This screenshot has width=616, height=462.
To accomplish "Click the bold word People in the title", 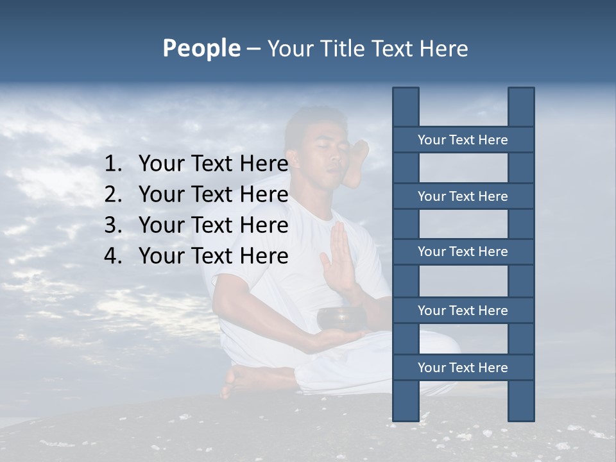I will pos(201,48).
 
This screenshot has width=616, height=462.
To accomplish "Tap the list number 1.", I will pos(112,164).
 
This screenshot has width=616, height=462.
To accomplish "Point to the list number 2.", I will pos(112,194).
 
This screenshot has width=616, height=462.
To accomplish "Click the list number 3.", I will pos(112,225).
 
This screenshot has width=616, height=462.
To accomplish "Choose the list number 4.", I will pos(112,256).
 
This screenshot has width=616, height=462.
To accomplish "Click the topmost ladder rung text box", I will pos(463,140).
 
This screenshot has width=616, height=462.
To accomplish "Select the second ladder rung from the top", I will pos(463,196).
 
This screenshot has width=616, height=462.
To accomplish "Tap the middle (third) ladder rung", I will pos(463,252).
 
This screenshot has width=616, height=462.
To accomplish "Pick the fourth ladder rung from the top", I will pos(463,311).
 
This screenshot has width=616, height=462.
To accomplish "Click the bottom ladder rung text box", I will pos(463,368).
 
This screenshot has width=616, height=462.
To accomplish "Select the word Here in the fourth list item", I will pos(264,256).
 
